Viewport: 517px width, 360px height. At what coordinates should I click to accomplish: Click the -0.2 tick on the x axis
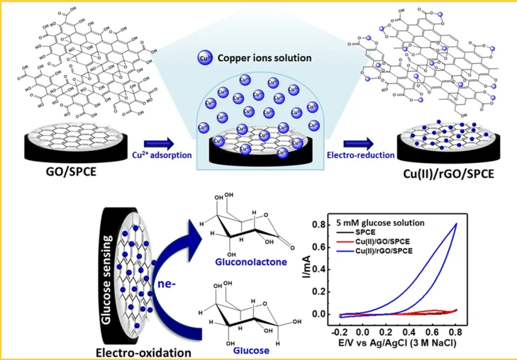[x=340, y=330]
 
